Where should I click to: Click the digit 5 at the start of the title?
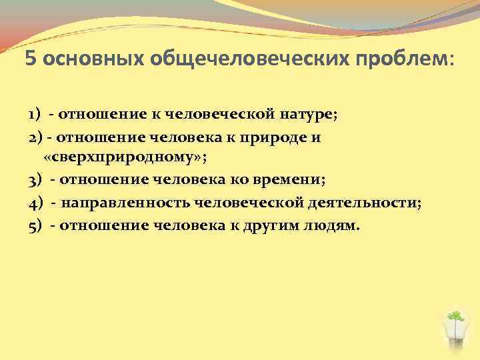click(x=31, y=59)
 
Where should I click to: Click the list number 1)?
click(x=35, y=114)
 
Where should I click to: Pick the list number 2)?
click(x=35, y=137)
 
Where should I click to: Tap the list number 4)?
click(x=35, y=202)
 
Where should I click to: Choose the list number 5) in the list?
click(x=35, y=225)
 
